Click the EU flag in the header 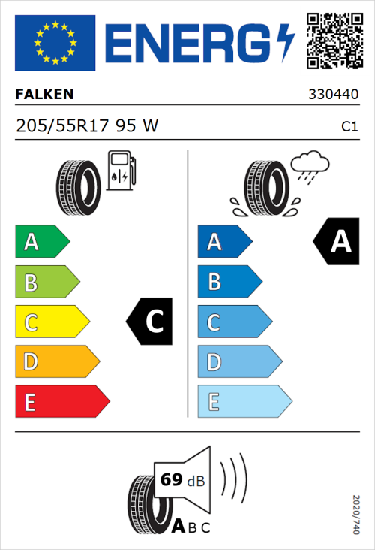coord(55,43)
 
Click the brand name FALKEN coord(44,95)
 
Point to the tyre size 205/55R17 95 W coord(87,126)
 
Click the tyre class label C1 coord(349,127)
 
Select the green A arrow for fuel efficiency coord(41,242)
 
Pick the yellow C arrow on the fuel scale coord(51,322)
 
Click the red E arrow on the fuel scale coord(61,402)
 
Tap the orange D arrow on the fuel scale coord(56,362)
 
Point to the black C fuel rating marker coord(151,322)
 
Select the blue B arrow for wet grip coord(229,282)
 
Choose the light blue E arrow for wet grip coord(243,402)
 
